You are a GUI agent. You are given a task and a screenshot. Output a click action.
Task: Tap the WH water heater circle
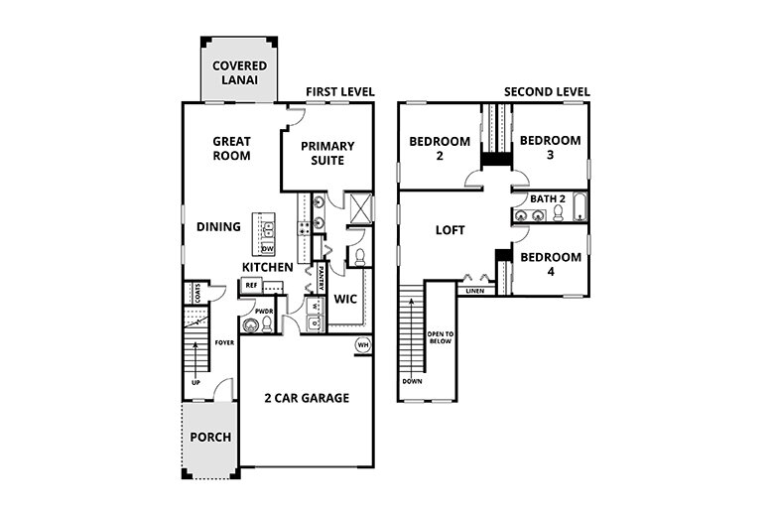[x=363, y=345]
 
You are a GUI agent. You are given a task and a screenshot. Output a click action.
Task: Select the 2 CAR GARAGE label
[x=307, y=398]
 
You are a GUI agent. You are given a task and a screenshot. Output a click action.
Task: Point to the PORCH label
[x=210, y=437]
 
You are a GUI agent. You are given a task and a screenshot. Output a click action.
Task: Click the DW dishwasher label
[x=267, y=248]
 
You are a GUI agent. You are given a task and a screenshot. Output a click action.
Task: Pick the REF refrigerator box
[x=251, y=285]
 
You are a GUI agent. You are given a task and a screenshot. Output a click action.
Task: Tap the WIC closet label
[x=345, y=298]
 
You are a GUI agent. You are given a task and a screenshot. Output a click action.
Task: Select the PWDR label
[x=264, y=311]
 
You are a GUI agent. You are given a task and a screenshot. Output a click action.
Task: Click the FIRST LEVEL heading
[x=340, y=92]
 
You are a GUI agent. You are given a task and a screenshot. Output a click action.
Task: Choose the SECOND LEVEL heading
[x=547, y=92]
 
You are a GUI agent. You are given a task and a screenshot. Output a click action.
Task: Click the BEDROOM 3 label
[x=549, y=148]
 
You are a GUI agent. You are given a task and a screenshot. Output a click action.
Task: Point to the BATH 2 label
[x=548, y=199]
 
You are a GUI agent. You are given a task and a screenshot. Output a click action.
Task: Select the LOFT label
[x=450, y=230]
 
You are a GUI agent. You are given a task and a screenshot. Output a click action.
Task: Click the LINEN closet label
[x=474, y=292]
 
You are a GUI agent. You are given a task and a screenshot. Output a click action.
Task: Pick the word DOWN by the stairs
[x=413, y=381]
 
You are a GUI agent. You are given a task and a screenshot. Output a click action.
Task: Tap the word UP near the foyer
[x=195, y=381]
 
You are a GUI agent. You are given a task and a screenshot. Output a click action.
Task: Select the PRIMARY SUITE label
[x=327, y=153]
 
